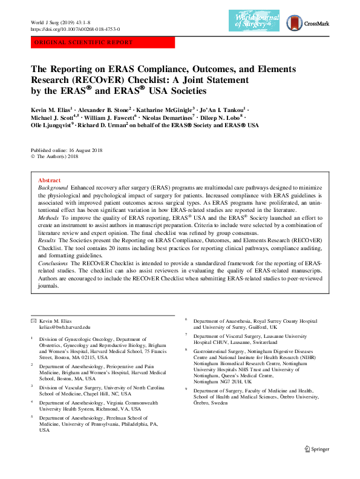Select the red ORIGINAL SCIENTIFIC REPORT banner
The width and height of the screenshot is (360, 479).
click(x=102, y=42)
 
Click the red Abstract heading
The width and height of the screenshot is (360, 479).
click(x=49, y=180)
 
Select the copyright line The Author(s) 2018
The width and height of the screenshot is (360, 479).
click(x=58, y=156)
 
